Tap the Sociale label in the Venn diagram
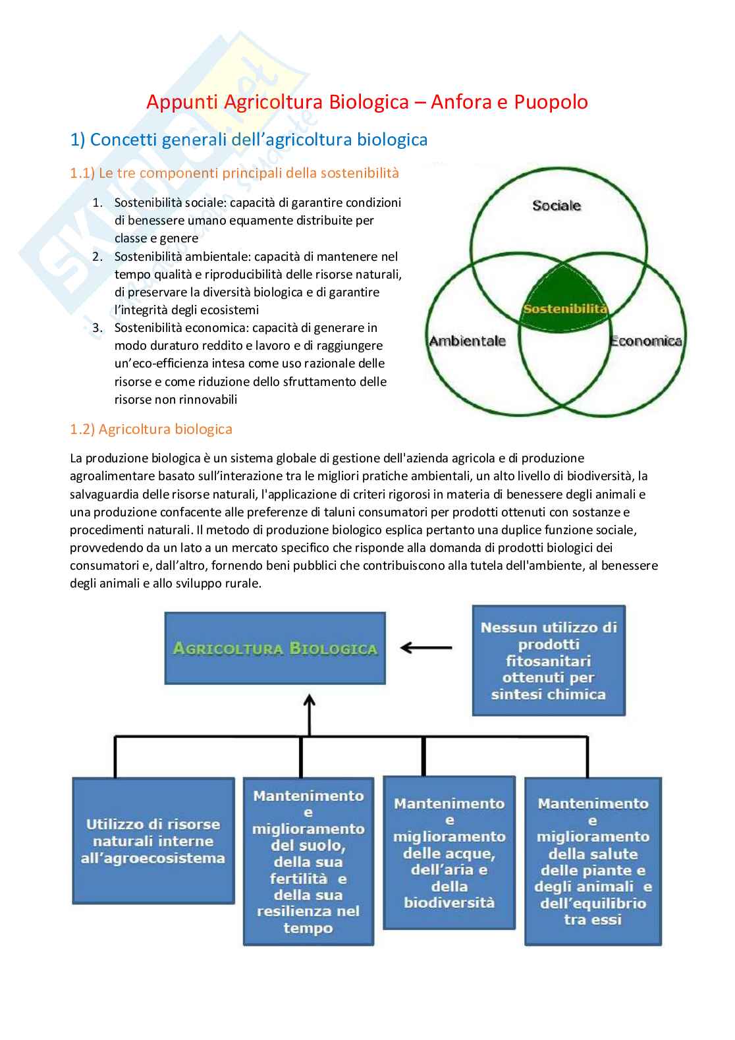coord(557,205)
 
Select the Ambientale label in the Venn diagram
coord(467,341)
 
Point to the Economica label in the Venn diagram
coord(645,341)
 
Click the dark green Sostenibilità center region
coord(564,300)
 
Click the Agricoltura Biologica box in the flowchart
coord(275,648)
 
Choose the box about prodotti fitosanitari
coord(548,660)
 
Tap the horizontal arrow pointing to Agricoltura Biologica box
coord(425,648)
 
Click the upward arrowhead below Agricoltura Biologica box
coord(309,699)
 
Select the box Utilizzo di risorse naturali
coord(153,841)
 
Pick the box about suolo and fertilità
coord(308,862)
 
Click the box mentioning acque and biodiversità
coord(449,853)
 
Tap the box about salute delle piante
coord(592,862)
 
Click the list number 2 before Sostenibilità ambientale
coord(97,257)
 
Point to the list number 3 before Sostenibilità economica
coord(97,328)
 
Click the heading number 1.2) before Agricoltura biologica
coord(82,429)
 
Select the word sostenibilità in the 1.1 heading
coord(360,173)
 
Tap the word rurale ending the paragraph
coord(244,584)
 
